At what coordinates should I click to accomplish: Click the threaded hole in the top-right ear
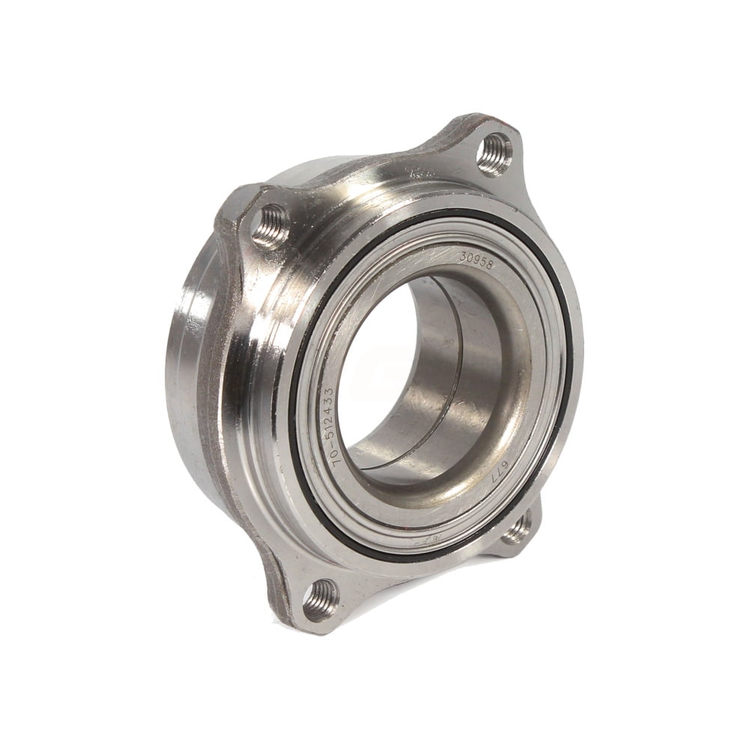point(494,153)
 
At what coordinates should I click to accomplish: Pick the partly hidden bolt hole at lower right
point(516,531)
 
